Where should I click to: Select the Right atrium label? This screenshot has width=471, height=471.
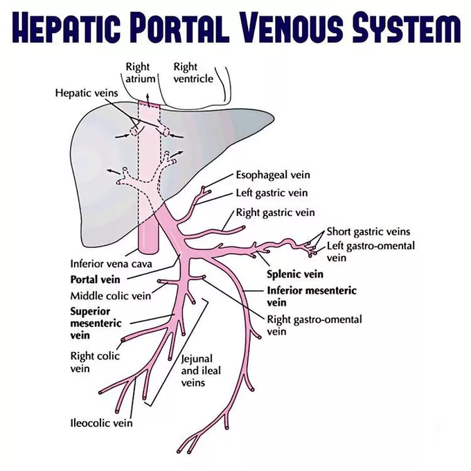[137, 73]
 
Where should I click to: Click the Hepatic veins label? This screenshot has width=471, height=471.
[86, 92]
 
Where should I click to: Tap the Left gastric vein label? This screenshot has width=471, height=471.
[272, 193]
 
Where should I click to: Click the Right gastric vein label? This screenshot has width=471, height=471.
[275, 212]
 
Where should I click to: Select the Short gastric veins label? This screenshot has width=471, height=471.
[368, 231]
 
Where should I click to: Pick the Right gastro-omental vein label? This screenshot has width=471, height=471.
[314, 326]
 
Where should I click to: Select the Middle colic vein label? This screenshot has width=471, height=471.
[110, 296]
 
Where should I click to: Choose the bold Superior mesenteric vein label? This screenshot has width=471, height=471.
[96, 323]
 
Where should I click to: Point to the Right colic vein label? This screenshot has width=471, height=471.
[95, 362]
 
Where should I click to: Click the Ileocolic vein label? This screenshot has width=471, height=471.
[102, 423]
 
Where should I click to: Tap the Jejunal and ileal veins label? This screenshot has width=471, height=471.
[201, 371]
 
